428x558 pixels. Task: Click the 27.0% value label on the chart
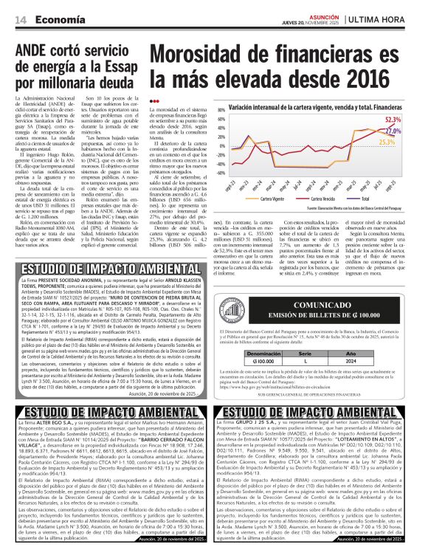[x=413, y=130]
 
